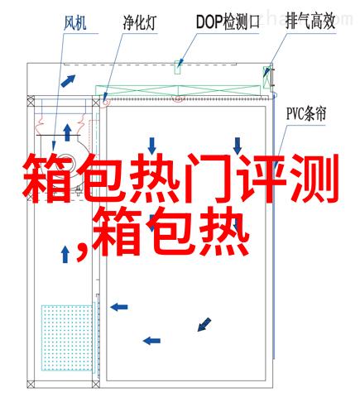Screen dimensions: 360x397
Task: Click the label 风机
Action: tap(75, 23)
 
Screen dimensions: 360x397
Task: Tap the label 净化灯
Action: tap(140, 22)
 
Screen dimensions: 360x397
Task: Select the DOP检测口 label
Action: tap(228, 22)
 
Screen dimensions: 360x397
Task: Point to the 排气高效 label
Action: tap(310, 22)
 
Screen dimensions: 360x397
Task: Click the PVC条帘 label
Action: tap(306, 113)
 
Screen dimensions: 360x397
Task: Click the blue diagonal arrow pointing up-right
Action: tap(68, 81)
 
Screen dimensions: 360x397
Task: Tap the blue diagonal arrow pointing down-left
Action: tap(204, 324)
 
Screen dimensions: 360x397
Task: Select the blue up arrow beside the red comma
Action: tap(65, 254)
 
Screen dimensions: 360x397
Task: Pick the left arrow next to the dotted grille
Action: tap(119, 307)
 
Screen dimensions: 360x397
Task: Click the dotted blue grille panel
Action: tap(67, 337)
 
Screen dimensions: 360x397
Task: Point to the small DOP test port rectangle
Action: tap(178, 67)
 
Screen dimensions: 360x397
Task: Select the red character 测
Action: tap(314, 179)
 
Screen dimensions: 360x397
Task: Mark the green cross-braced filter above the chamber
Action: tap(178, 91)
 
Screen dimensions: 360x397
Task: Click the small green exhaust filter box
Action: tap(266, 77)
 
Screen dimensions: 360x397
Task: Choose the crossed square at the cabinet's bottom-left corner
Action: tap(31, 385)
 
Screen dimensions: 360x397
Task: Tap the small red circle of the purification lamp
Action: tap(105, 102)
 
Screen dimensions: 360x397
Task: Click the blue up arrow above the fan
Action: tap(67, 132)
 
